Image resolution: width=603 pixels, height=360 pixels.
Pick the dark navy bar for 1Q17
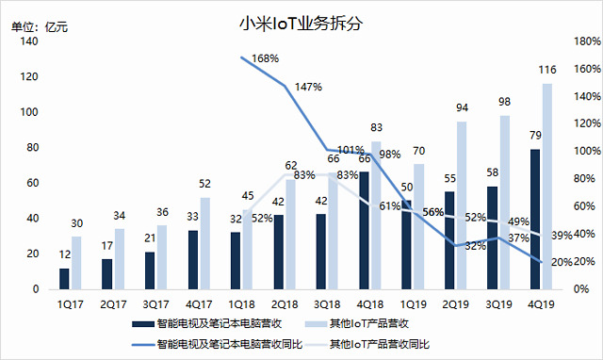pyautogui.click(x=64, y=279)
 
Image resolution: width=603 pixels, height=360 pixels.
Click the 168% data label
pyautogui.click(x=265, y=58)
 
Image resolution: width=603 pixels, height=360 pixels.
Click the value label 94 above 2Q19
pyautogui.click(x=462, y=107)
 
